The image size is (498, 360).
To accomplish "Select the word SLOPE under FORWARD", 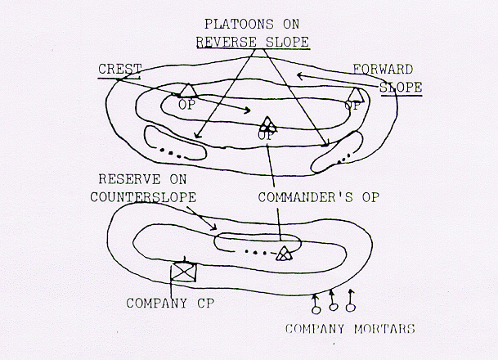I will (x=402, y=86).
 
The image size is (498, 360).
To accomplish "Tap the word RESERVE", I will (x=121, y=179).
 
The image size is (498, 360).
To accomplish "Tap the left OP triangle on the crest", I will (x=187, y=91).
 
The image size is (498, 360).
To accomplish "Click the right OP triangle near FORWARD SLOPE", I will (x=354, y=92).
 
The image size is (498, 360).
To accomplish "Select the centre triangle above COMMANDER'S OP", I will (x=267, y=124).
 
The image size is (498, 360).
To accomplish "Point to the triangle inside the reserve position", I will (x=283, y=253).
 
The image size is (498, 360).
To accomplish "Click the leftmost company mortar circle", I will (x=315, y=309).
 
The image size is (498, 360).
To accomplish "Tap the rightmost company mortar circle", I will (x=351, y=308).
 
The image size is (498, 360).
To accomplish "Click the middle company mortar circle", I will (x=333, y=308).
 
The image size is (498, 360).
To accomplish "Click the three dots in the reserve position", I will (x=260, y=252).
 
